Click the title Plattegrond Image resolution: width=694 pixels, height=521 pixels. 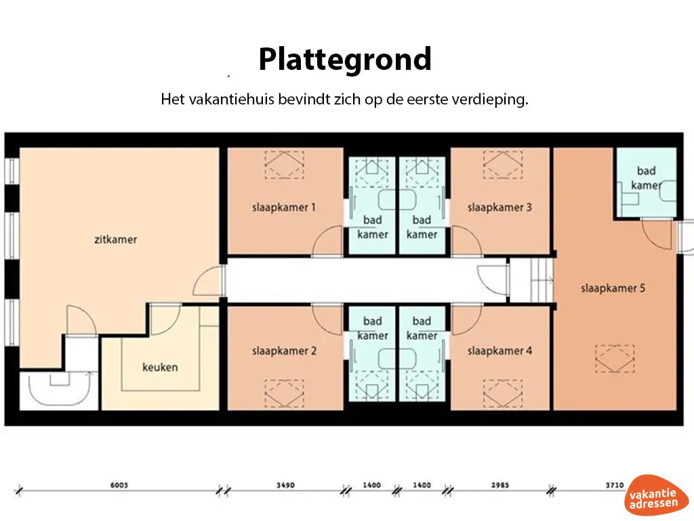click(345, 60)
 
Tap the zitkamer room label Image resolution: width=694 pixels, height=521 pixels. click(116, 239)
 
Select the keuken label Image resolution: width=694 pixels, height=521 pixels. click(160, 367)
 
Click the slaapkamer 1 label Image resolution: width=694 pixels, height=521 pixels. click(284, 208)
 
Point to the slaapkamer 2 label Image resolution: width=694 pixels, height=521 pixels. click(284, 351)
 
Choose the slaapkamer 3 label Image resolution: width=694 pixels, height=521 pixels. click(499, 208)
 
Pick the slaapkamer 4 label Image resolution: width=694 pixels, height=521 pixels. click(499, 351)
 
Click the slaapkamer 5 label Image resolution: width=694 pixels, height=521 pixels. click(613, 288)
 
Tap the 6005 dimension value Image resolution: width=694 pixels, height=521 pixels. click(119, 486)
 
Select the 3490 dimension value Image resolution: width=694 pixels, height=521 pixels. click(286, 486)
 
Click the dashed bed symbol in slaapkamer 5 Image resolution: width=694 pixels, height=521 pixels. click(615, 358)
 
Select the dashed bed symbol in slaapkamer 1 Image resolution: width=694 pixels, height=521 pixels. click(284, 165)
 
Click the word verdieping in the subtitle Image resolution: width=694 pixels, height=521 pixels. click(494, 100)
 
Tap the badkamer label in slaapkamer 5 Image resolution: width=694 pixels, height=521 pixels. click(646, 178)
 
